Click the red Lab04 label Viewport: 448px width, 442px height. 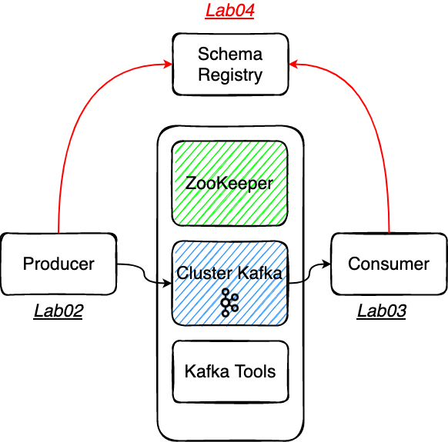pyautogui.click(x=229, y=11)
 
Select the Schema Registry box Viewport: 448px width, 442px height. pyautogui.click(x=230, y=65)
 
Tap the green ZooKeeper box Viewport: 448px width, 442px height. pyautogui.click(x=230, y=183)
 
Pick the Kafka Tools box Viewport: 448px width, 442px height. pyautogui.click(x=230, y=371)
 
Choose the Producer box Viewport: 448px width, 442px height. pyautogui.click(x=59, y=264)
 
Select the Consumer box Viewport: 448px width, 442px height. pyautogui.click(x=389, y=264)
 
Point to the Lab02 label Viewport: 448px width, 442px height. pyautogui.click(x=58, y=311)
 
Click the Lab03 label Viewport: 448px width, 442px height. pyautogui.click(x=382, y=311)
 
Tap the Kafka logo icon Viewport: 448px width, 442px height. pyautogui.click(x=229, y=303)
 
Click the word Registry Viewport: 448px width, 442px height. pyautogui.click(x=230, y=75)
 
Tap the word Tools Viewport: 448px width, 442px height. pyautogui.click(x=255, y=371)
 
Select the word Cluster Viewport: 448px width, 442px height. pyautogui.click(x=204, y=272)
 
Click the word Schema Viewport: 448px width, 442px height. pyautogui.click(x=230, y=54)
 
